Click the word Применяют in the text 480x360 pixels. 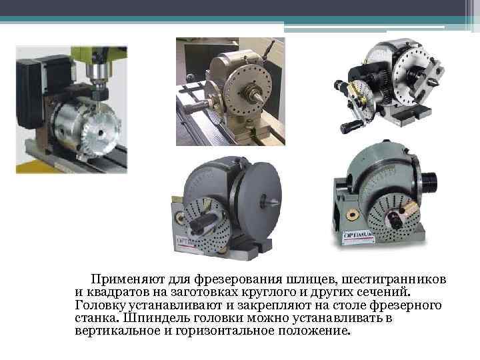[x=127, y=279]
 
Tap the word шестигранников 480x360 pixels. [x=394, y=280]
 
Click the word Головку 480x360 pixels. [x=101, y=305]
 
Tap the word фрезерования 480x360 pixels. [x=238, y=280]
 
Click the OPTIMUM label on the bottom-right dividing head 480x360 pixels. [x=359, y=237]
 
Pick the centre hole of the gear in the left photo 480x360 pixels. [x=100, y=133]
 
